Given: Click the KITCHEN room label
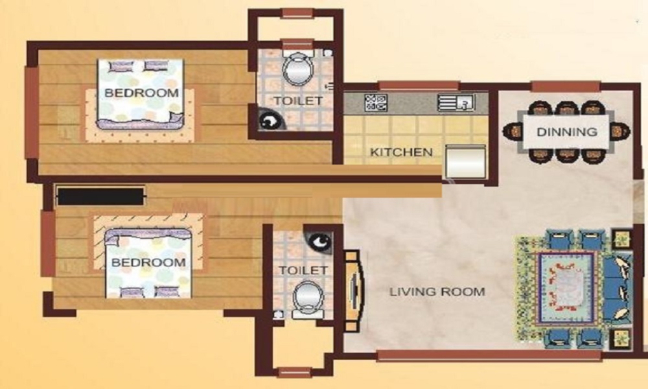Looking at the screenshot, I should pyautogui.click(x=401, y=153).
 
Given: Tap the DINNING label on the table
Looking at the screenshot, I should pyautogui.click(x=566, y=132).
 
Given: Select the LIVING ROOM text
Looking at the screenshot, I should pyautogui.click(x=437, y=292).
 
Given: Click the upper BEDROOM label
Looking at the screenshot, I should pyautogui.click(x=141, y=93).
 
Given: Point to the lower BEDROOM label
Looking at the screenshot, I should pyautogui.click(x=148, y=263).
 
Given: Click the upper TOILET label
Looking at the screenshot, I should pyautogui.click(x=297, y=100).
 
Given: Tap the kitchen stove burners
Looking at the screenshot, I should pyautogui.click(x=376, y=102).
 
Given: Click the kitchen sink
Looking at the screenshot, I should pyautogui.click(x=456, y=102).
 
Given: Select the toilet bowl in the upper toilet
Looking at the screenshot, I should pyautogui.click(x=298, y=68).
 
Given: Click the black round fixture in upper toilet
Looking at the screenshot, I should pyautogui.click(x=268, y=121).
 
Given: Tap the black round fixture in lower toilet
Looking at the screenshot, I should pyautogui.click(x=319, y=242).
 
